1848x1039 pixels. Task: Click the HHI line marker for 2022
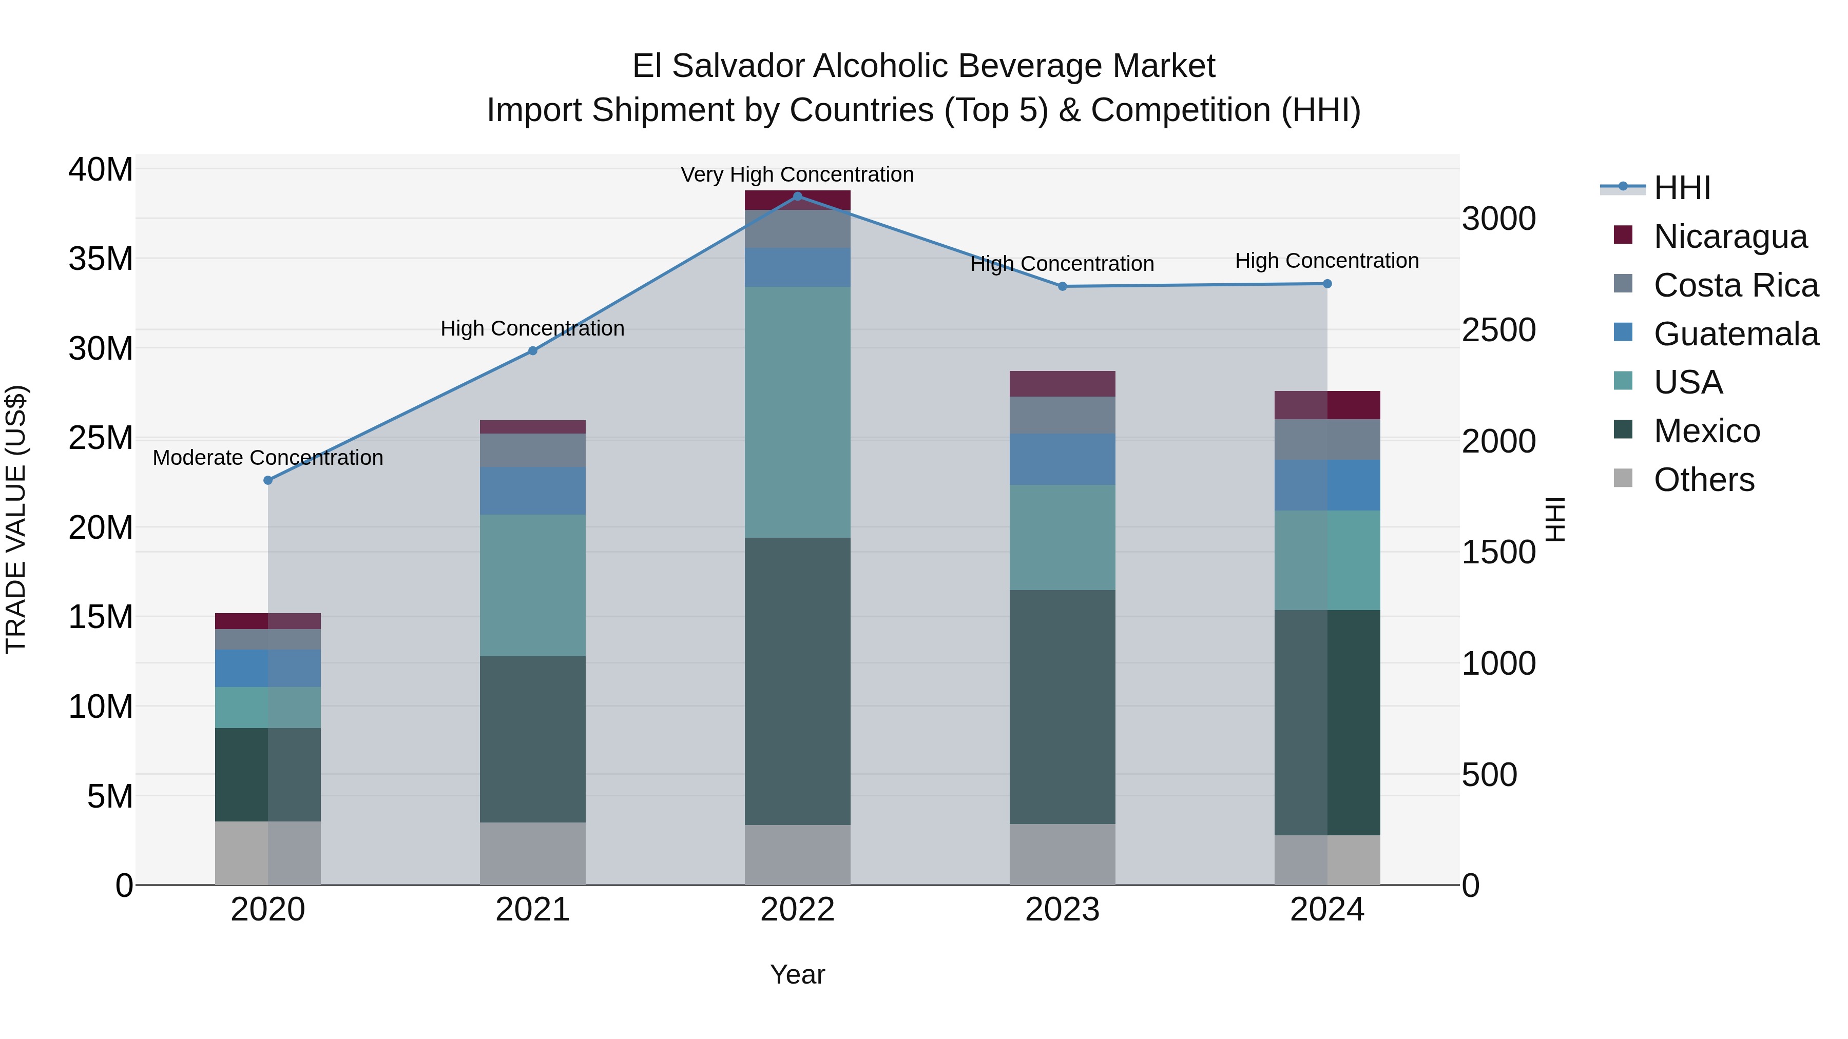pos(797,197)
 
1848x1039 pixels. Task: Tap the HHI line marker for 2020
pos(268,480)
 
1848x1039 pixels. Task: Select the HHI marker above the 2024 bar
pos(1327,284)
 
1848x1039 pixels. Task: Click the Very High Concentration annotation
pos(797,174)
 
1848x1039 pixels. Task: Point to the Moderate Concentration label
pos(268,458)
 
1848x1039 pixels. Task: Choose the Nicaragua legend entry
pos(1729,237)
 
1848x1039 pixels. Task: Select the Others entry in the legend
pos(1704,480)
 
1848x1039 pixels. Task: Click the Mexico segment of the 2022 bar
pos(797,681)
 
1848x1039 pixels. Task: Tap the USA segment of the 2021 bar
pos(532,585)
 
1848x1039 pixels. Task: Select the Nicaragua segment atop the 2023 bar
pos(1063,384)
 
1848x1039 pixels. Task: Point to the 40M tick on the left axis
pos(101,170)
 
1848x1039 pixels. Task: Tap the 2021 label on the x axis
pos(532,910)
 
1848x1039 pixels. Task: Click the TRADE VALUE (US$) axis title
pos(16,519)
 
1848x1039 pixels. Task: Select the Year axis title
pos(797,974)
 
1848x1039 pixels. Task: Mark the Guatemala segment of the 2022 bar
pos(797,267)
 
